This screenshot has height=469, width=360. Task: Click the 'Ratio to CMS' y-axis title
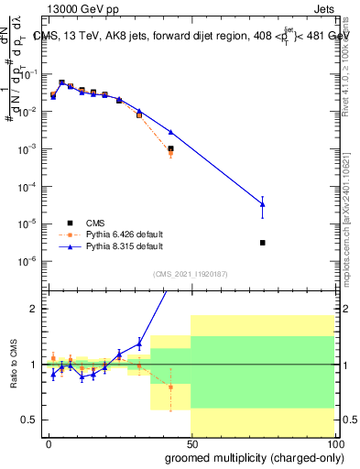[14, 364]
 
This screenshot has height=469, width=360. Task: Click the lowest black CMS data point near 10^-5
[263, 243]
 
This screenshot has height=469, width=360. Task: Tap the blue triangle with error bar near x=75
[263, 204]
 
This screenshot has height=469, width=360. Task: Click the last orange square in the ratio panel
[170, 387]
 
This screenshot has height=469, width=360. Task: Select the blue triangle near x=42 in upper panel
[170, 132]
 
